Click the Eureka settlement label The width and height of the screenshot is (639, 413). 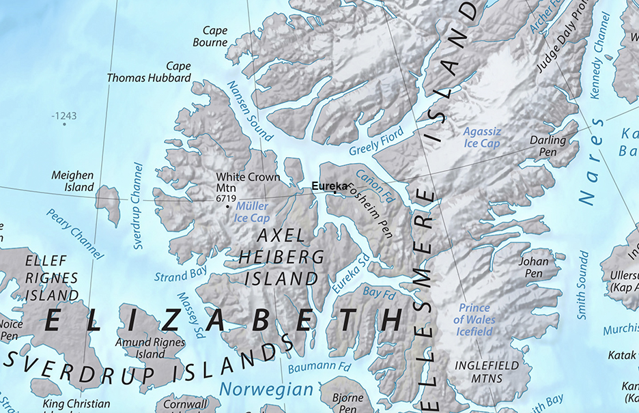tap(329, 186)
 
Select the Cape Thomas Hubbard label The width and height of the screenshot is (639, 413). tap(149, 72)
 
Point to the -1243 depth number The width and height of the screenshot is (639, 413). tap(64, 116)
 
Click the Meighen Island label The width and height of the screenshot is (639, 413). tap(72, 182)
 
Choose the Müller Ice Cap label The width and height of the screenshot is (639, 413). tap(252, 212)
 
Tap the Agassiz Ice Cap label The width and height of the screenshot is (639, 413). tap(481, 137)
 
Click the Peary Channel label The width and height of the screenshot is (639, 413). tap(74, 233)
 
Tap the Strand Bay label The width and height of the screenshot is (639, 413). tap(180, 275)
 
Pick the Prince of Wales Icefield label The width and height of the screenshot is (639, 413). tap(474, 319)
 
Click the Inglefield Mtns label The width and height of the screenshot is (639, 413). tap(487, 372)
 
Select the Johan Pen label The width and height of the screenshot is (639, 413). tap(533, 267)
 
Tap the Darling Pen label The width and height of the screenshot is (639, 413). tap(548, 145)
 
